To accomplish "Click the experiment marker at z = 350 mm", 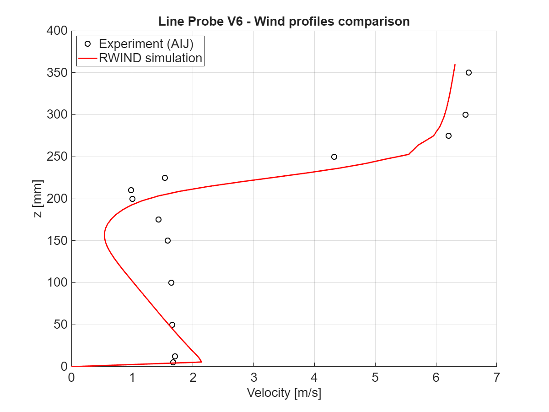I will tap(468, 72).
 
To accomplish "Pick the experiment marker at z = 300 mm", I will tap(465, 114).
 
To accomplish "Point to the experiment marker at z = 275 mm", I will tap(448, 136).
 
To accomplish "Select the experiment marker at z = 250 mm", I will tap(334, 157).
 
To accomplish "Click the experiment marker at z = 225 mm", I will tap(165, 178).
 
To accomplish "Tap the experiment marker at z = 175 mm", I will tap(158, 219).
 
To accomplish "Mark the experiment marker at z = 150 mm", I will tap(167, 240).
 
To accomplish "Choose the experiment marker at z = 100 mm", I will tap(171, 282).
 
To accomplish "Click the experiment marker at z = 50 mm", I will tap(172, 325).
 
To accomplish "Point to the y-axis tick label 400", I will tap(57, 31).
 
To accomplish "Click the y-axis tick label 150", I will tap(57, 241).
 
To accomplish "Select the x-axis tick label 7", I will tap(496, 378).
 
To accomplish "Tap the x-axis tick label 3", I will tap(253, 378).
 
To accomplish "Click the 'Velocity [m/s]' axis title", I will tap(284, 393).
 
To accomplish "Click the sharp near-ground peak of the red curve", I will tap(201, 362).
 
